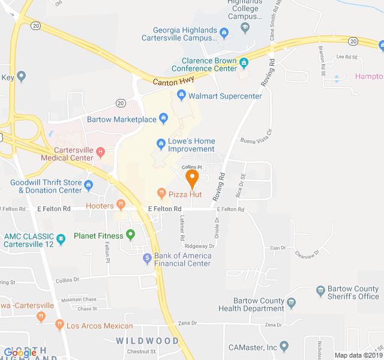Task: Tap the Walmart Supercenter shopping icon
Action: [181, 95]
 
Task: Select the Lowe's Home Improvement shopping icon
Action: [161, 143]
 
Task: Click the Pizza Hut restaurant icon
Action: [161, 193]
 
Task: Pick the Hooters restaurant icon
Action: [121, 205]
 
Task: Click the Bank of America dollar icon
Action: [147, 259]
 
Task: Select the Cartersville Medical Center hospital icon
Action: [100, 153]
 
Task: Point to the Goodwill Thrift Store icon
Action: [89, 185]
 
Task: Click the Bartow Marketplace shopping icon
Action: [164, 119]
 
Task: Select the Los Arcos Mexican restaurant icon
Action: [59, 325]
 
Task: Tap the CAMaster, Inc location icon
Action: [284, 346]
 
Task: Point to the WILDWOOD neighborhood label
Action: [148, 341]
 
